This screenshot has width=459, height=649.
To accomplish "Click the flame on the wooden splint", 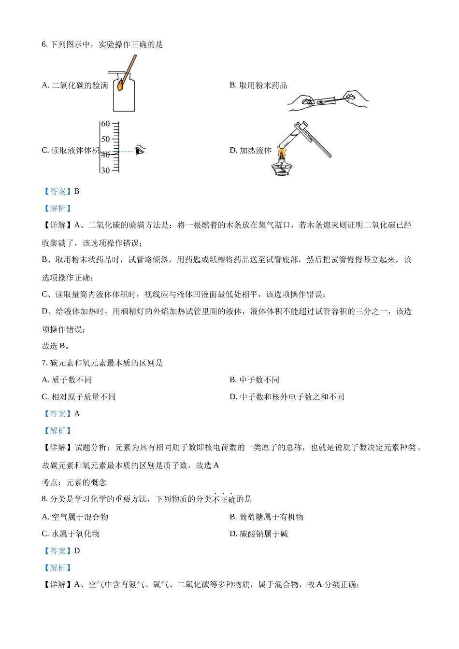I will tap(120, 85).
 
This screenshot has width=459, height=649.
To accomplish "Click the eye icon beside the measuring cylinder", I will tap(140, 150).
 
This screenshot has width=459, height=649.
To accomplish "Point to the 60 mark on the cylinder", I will tap(105, 124).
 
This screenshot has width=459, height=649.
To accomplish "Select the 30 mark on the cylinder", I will tap(105, 170).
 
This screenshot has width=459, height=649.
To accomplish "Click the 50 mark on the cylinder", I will tap(105, 139).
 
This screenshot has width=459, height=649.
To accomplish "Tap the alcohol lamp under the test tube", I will tap(282, 166).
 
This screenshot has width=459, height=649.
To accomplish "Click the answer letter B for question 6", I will tap(77, 192).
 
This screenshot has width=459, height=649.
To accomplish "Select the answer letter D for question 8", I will tap(77, 551).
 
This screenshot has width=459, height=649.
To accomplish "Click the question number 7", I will tap(44, 363).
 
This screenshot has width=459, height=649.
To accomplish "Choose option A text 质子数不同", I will tap(72, 380).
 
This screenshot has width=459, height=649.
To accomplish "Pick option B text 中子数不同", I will tap(259, 380).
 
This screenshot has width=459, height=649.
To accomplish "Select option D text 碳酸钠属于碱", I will tap(264, 534).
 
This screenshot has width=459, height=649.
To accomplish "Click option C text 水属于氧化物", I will tap(75, 534).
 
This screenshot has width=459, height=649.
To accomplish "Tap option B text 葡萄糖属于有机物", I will tap(272, 517).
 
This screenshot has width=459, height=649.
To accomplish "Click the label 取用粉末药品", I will tap(263, 85).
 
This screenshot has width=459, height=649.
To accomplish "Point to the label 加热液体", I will tap(256, 151).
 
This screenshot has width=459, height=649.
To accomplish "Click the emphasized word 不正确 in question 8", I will tap(223, 499).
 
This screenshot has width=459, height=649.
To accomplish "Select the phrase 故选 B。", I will tap(56, 346).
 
